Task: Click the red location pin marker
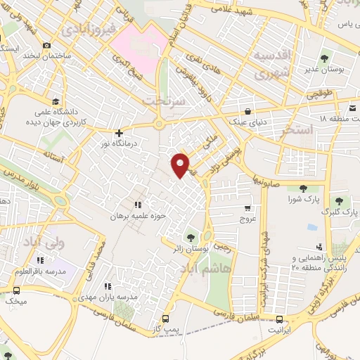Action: pyautogui.click(x=181, y=165)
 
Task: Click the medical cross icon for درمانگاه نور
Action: pyautogui.click(x=119, y=132)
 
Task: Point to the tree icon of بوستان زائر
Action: pyautogui.click(x=191, y=236)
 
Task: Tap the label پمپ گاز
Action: pyautogui.click(x=166, y=328)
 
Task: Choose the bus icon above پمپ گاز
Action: pyautogui.click(x=165, y=317)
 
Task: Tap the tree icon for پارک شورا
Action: pyautogui.click(x=302, y=188)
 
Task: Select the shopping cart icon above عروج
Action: pyautogui.click(x=247, y=208)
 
